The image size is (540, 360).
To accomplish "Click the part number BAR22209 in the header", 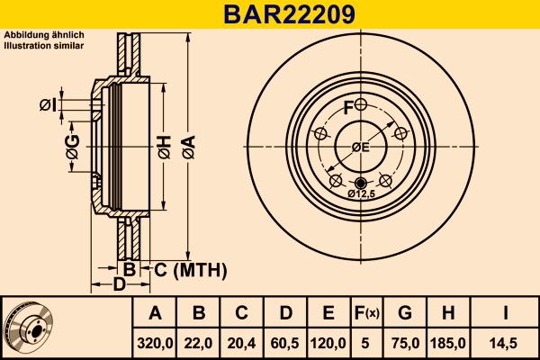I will tap(269, 13).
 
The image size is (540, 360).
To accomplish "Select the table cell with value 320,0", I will tap(156, 342).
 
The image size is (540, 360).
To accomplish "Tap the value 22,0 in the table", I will tap(199, 342).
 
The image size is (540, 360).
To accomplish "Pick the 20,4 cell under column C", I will tap(242, 342).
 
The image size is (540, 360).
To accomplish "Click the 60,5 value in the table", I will tap(285, 342).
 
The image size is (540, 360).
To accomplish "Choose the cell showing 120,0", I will tap(328, 342).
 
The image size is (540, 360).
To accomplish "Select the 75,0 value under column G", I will tap(405, 342).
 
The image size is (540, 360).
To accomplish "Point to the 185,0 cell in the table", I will tap(449, 342).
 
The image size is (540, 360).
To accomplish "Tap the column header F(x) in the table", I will tap(366, 313).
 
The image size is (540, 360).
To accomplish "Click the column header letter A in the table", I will tap(156, 313).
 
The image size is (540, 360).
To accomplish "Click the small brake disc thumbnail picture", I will tap(28, 328).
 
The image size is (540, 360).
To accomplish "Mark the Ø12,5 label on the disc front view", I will tap(361, 193).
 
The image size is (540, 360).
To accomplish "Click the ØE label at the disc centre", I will tap(360, 148).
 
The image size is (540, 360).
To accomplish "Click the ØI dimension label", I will tap(49, 106).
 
